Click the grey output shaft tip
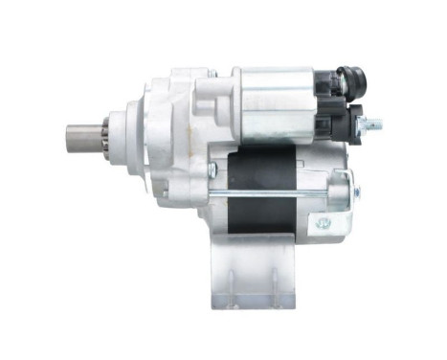pos(80,137)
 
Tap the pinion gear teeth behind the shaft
pos(102,137)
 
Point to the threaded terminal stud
pos(374,124)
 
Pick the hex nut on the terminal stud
pos(362,124)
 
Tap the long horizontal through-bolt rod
pos(278,199)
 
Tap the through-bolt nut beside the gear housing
pos(212,169)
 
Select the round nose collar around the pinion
pos(119,136)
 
